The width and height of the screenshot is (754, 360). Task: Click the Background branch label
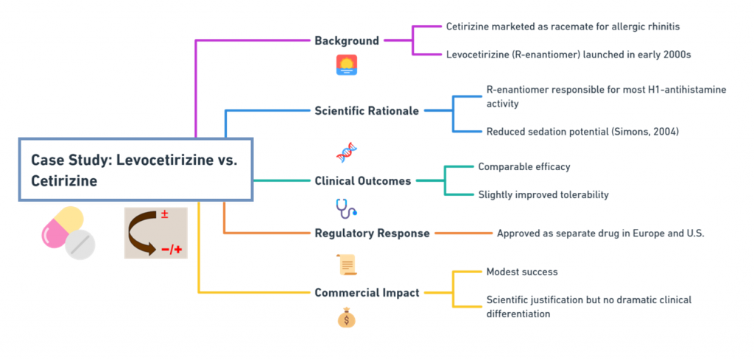[x=347, y=40]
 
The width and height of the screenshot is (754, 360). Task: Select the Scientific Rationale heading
[x=367, y=111]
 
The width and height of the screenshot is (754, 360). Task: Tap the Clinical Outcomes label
[x=362, y=181]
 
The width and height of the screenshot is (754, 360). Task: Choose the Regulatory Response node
[x=372, y=233]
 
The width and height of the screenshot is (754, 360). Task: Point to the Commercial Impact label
[x=367, y=292]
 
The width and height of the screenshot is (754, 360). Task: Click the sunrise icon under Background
[x=346, y=65]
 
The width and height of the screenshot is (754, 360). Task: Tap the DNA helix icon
[x=346, y=152]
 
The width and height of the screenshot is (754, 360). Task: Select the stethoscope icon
[x=346, y=208]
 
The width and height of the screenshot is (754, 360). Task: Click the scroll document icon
[x=348, y=264]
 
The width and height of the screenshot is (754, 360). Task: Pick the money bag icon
[x=346, y=318]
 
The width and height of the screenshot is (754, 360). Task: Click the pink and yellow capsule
[x=62, y=227]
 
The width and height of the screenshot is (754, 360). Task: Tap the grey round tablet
[x=80, y=244]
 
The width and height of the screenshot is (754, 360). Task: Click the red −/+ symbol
[x=172, y=250]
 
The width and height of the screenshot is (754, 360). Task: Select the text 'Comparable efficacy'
[x=524, y=167]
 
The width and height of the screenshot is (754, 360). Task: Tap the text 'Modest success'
[x=522, y=272]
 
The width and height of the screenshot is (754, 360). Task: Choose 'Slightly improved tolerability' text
[x=543, y=194]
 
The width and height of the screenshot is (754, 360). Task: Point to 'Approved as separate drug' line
[x=601, y=233]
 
